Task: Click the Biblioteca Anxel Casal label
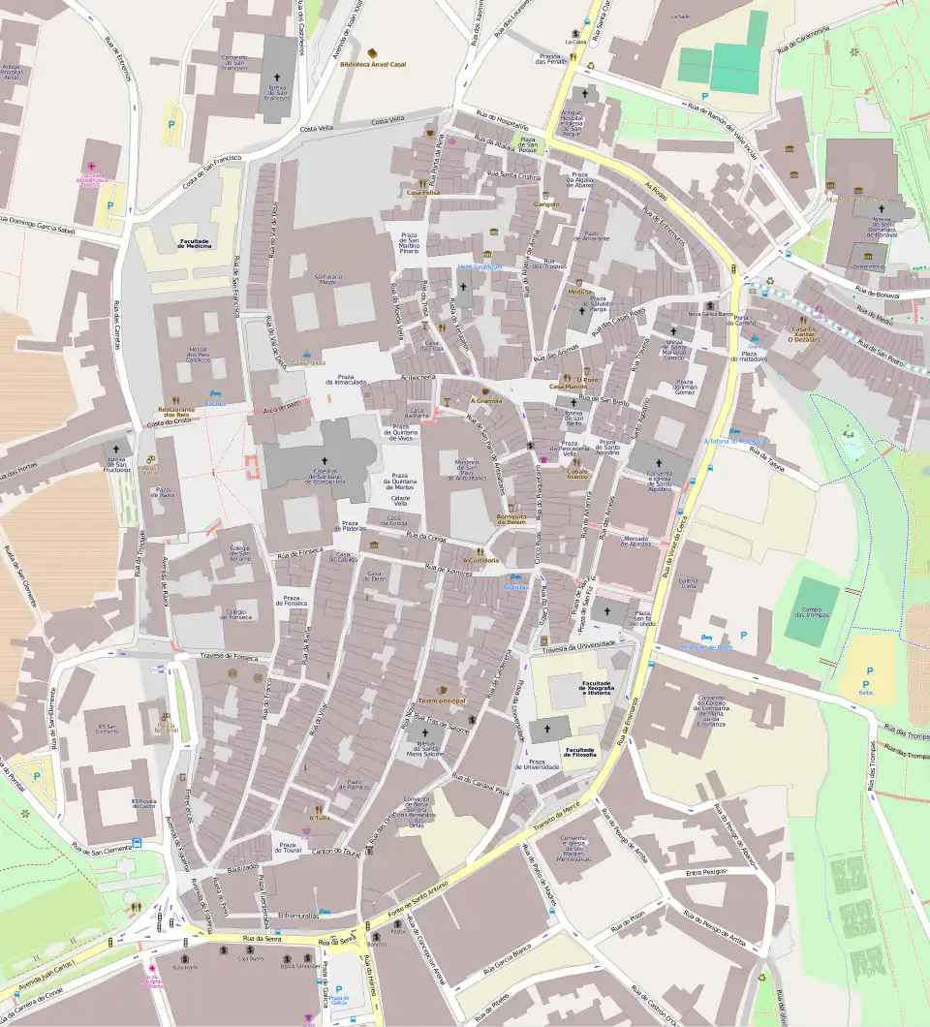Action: [373, 64]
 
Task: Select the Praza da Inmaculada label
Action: [346, 380]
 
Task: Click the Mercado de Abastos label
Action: [635, 541]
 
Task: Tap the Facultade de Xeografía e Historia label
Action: [594, 688]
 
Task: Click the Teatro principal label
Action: [442, 700]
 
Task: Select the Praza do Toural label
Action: [287, 849]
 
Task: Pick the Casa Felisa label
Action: [423, 193]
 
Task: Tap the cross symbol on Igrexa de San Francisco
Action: [277, 78]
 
